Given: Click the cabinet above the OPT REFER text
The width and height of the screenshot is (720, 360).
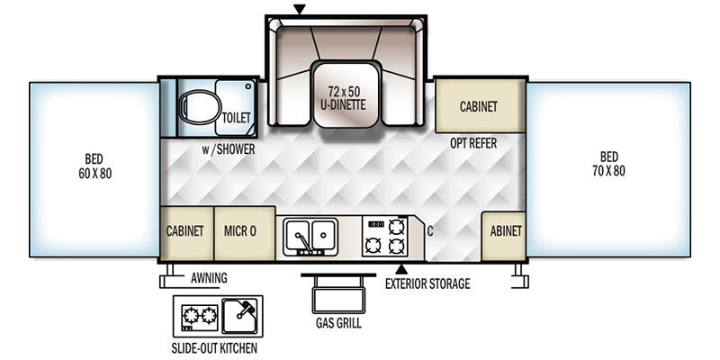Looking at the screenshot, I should coord(479,106).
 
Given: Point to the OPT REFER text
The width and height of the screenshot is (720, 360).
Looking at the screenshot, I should coord(473,143).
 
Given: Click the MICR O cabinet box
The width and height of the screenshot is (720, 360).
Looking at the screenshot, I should coord(240,231).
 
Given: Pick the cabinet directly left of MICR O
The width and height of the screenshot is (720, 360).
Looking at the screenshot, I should coord(186,231).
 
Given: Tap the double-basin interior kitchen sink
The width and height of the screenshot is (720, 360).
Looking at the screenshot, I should coord(310,235).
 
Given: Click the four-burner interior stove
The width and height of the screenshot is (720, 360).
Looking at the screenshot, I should coord(385,235).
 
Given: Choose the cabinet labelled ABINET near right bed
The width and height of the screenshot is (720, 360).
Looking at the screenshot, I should coord(505,231).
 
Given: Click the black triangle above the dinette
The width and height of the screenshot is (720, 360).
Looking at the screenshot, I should coord(300,10).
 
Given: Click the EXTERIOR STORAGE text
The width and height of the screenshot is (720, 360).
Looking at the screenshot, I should coord(427,284).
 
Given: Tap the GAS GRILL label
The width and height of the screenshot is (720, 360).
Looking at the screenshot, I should coord(338,323).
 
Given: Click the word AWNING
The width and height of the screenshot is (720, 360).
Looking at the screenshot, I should coord(208,278).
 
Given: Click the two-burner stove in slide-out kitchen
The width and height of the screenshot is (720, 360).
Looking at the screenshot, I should coord(199,316).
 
